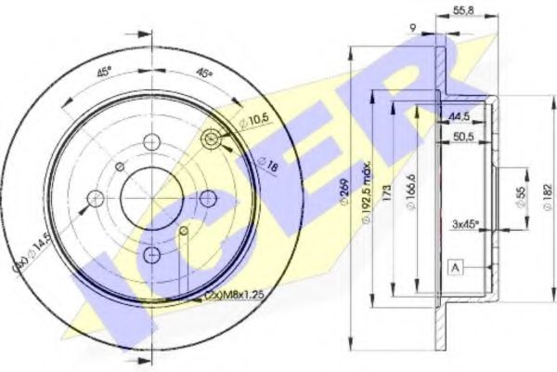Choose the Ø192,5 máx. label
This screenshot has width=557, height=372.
[x=369, y=201]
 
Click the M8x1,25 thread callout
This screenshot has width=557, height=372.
[x=234, y=296]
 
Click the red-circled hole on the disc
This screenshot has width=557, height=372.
[x=213, y=140]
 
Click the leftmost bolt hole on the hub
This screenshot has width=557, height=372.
[x=96, y=197]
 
